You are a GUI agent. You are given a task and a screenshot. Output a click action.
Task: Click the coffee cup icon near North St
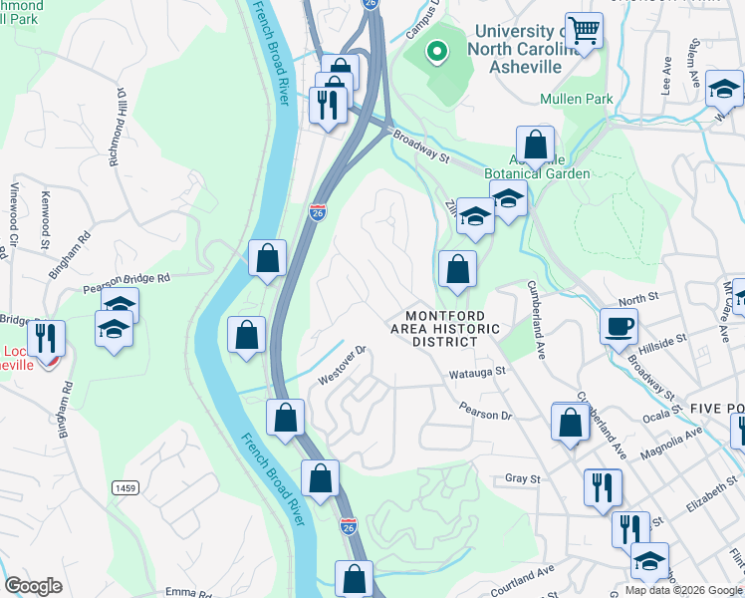618,325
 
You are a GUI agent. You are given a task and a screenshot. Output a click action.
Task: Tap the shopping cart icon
583,30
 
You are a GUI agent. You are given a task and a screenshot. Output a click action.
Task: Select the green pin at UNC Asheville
434,52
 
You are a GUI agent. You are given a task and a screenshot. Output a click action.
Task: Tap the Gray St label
522,478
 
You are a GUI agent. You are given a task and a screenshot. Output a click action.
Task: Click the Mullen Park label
577,99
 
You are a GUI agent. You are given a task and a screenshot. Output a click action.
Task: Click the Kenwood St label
45,221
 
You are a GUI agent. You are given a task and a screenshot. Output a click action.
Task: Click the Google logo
33,586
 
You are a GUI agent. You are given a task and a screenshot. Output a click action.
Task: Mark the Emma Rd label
188,592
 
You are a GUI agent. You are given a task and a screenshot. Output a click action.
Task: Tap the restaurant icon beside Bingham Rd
46,340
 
